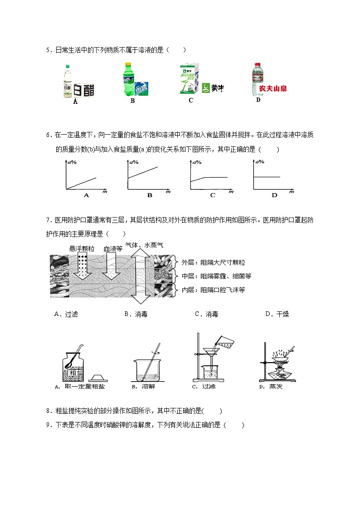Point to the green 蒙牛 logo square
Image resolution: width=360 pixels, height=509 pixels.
pyautogui.click(x=206, y=87)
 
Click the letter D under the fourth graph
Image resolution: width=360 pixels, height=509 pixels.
pyautogui.click(x=274, y=195)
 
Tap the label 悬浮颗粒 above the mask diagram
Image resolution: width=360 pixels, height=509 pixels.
pyautogui.click(x=82, y=248)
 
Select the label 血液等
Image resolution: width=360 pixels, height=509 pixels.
pyautogui.click(x=113, y=248)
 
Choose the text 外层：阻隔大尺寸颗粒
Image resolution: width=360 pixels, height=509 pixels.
pyautogui.click(x=213, y=262)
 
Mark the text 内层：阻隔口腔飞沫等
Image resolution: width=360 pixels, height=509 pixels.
pyautogui.click(x=213, y=290)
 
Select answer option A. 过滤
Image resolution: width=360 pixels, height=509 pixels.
pyautogui.click(x=66, y=314)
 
